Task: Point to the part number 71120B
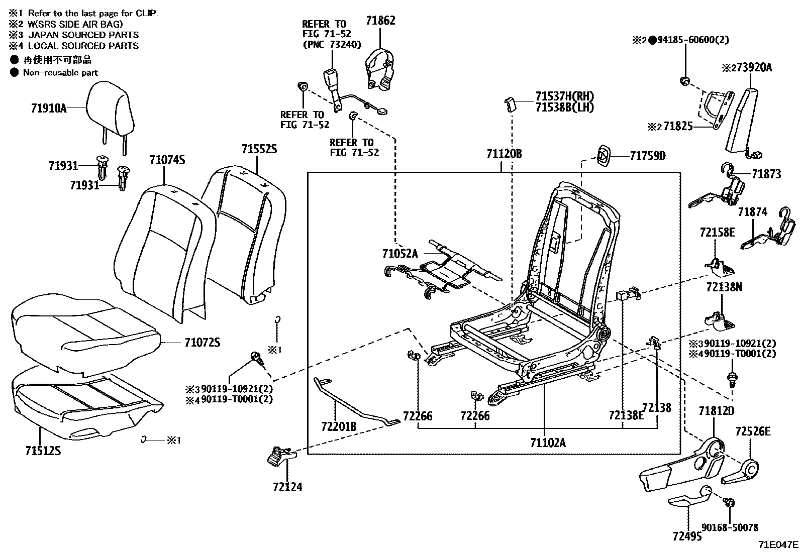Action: coord(504,154)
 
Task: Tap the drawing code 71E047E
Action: coord(778,544)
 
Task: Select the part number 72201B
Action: coord(339,426)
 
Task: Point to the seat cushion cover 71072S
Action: coord(83,326)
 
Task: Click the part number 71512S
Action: coord(43,451)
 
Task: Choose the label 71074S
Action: coord(167,160)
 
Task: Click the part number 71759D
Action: coord(647,156)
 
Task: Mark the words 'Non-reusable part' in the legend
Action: coord(60,72)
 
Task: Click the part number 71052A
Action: coord(399,254)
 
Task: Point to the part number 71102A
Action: coord(547,443)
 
